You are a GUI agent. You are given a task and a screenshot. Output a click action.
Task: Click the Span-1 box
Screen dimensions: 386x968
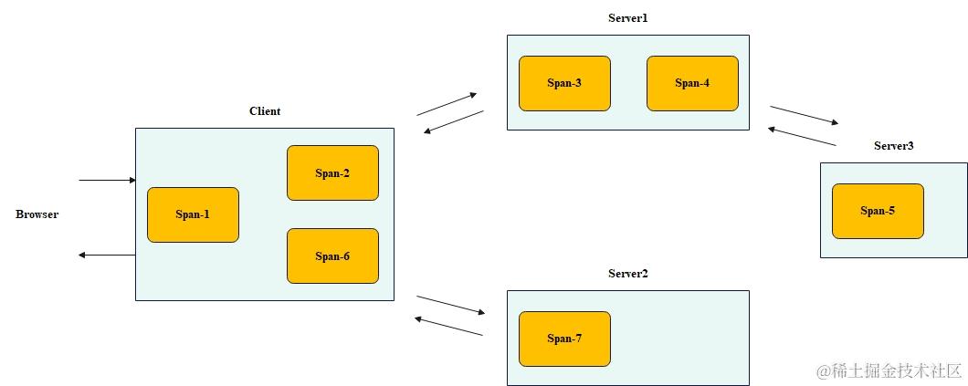tap(193, 214)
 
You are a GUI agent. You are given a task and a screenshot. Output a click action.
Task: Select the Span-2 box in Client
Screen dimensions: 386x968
tap(332, 173)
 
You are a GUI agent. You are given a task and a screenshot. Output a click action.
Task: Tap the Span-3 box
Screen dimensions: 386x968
tap(564, 83)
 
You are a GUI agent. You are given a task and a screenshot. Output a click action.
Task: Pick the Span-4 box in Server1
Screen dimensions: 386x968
tap(692, 83)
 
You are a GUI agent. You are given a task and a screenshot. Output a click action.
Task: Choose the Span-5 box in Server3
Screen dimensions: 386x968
tap(878, 211)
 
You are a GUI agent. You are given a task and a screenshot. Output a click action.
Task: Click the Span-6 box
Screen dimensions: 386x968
tap(332, 256)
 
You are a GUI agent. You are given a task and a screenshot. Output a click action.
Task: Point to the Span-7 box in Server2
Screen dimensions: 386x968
tap(564, 339)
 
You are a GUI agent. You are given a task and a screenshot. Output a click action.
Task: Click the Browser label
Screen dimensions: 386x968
tap(37, 214)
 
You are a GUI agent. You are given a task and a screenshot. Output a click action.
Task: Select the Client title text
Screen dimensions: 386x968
tap(265, 111)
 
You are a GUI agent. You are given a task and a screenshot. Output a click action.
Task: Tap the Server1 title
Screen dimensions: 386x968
tap(627, 18)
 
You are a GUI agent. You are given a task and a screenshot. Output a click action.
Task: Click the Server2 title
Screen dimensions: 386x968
tap(627, 274)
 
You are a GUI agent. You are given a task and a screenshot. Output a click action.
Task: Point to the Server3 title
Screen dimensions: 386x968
tap(893, 146)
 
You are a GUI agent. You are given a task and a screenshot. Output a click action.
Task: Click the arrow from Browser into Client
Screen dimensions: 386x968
tap(107, 181)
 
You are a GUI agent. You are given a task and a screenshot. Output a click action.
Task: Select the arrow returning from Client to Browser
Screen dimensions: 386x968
tap(107, 256)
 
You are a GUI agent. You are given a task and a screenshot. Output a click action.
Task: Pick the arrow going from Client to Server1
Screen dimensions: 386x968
tap(447, 104)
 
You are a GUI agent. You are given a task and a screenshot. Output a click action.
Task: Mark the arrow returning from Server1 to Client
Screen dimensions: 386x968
tap(454, 122)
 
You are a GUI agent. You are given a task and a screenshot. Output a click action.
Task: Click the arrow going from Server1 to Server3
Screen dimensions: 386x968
tap(804, 115)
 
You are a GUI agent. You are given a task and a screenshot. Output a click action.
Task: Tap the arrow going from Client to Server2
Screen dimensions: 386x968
tap(450, 305)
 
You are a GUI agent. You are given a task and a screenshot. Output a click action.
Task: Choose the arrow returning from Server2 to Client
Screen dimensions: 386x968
tap(448, 327)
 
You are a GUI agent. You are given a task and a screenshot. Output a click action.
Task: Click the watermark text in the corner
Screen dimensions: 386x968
tap(889, 370)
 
